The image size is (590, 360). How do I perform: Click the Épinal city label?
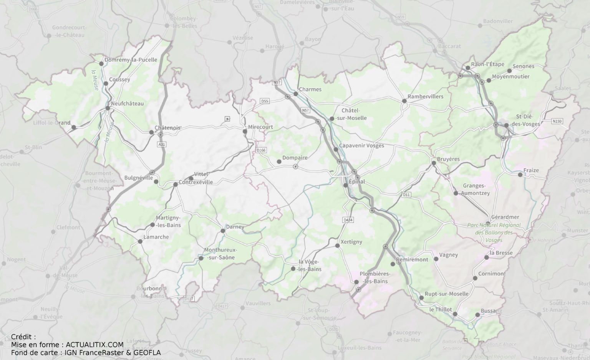(357, 182)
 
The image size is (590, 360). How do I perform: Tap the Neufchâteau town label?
(127, 104)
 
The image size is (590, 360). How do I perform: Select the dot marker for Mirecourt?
(245, 132)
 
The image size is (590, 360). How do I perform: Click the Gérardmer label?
(505, 217)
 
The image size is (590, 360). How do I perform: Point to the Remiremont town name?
(412, 259)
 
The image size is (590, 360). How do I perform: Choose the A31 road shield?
(162, 144)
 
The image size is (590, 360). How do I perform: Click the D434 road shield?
(348, 220)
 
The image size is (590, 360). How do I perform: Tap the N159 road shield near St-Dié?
(557, 121)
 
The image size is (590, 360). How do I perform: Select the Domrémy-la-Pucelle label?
(131, 60)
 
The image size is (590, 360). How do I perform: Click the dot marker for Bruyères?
(434, 163)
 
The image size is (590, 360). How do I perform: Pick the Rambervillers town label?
(425, 96)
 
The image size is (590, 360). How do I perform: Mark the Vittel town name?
(201, 174)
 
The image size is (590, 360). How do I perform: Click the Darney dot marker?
(223, 231)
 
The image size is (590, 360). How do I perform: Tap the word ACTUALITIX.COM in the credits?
(94, 345)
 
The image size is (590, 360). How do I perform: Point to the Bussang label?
(491, 311)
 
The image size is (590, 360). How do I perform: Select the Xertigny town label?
(351, 242)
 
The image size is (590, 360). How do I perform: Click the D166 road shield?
(261, 150)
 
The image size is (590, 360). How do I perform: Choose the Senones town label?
(523, 66)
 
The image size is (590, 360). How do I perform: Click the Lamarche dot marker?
(140, 241)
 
